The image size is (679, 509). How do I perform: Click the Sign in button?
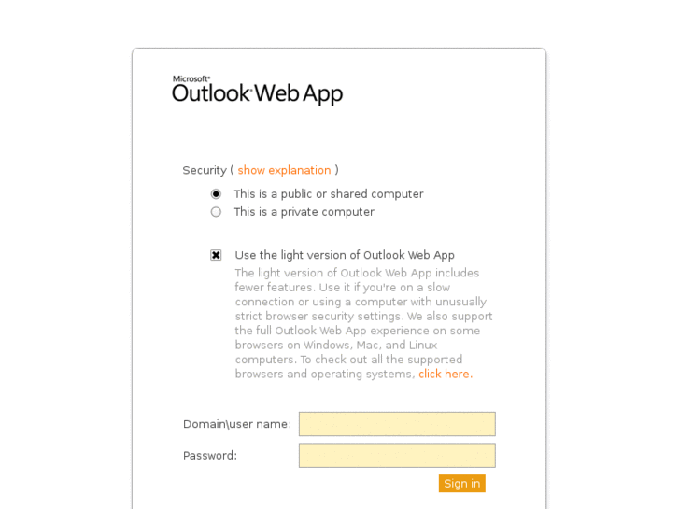[461, 484]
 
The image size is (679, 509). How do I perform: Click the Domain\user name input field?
[397, 424]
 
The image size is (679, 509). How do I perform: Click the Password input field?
[397, 456]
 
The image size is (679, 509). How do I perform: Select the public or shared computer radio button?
[216, 194]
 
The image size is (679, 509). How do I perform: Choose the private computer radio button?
[216, 212]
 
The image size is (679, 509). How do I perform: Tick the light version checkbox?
[216, 255]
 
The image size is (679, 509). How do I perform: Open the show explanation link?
[284, 170]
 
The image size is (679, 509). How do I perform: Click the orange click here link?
[444, 375]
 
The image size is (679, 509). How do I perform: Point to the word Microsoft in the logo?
[191, 79]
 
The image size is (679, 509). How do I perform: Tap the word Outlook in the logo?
[211, 93]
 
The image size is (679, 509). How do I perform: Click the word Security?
[205, 170]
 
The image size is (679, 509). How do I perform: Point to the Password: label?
[210, 456]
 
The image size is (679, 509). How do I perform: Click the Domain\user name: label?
[237, 424]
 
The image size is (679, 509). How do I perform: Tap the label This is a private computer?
[304, 212]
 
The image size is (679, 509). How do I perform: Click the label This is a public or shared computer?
[328, 194]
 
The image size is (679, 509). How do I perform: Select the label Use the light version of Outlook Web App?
[345, 255]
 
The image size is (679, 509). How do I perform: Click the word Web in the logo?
[277, 93]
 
